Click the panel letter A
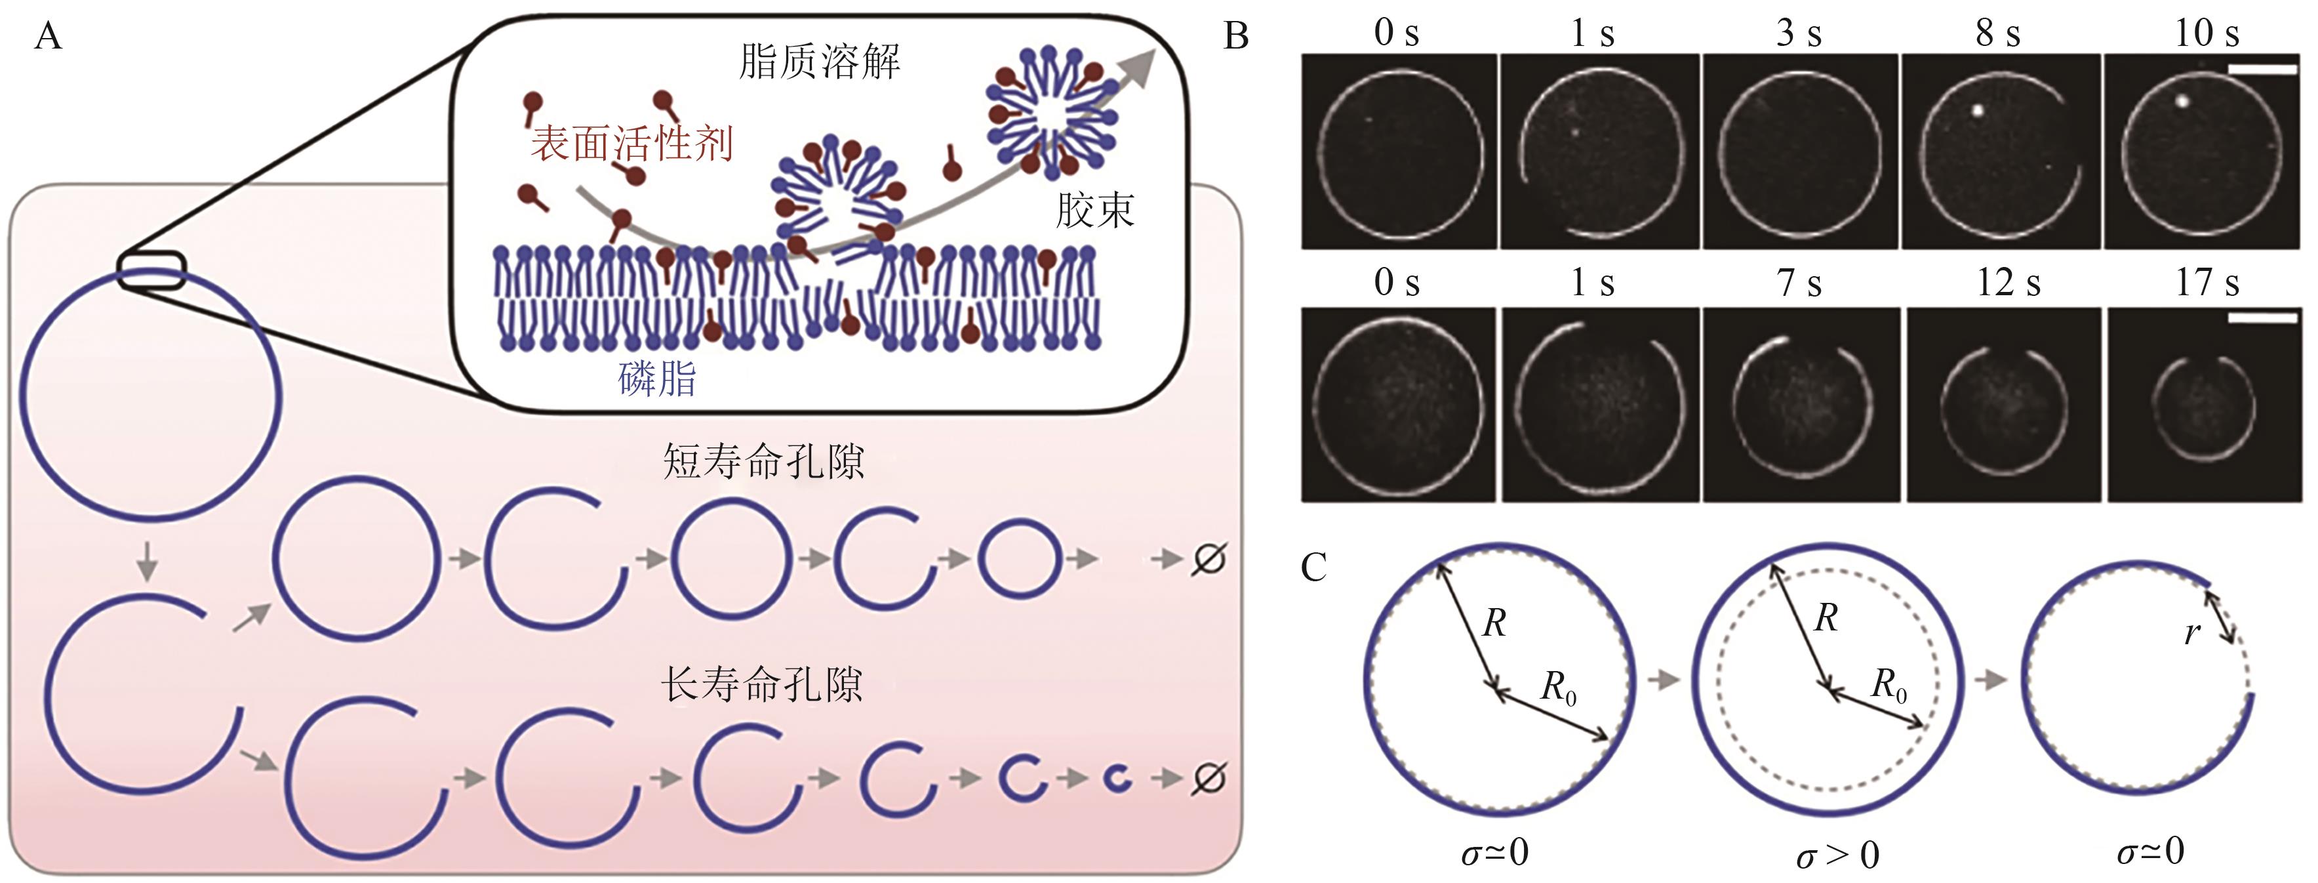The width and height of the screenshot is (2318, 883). point(48,38)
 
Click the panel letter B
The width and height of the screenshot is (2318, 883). point(1237,37)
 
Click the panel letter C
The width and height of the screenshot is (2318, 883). point(1314,568)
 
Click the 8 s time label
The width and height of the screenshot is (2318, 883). point(1997,34)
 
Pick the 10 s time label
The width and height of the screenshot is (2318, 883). point(2207,34)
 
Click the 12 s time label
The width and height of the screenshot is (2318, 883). point(2008,283)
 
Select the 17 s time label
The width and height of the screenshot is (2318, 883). point(2207,283)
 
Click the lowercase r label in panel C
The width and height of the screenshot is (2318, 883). point(2192,634)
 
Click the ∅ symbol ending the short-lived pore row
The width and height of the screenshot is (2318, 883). point(1208,559)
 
